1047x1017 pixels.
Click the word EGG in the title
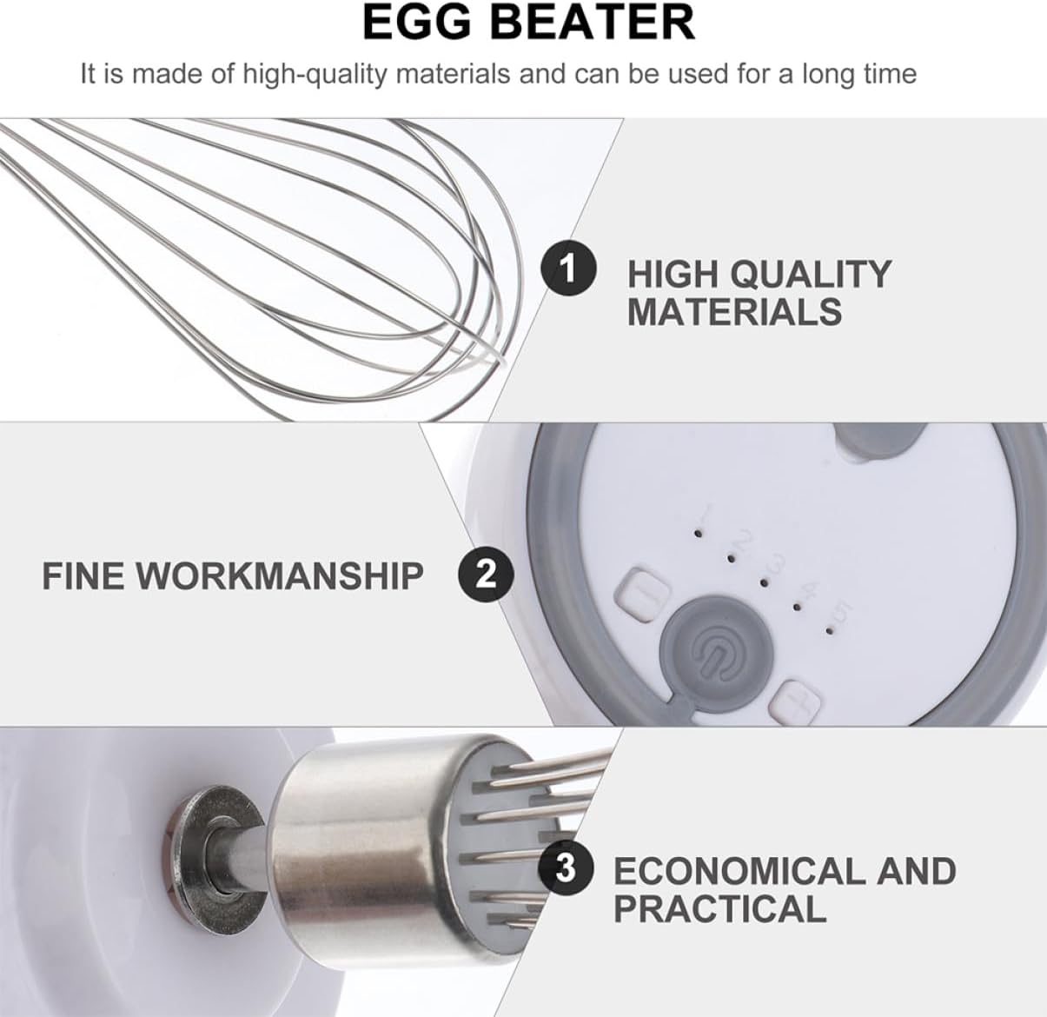(417, 23)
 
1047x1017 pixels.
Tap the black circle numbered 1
(568, 269)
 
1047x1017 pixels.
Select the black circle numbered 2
(486, 574)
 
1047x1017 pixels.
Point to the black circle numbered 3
(566, 867)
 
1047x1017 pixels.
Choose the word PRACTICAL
(719, 909)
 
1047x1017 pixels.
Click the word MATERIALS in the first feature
(734, 312)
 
